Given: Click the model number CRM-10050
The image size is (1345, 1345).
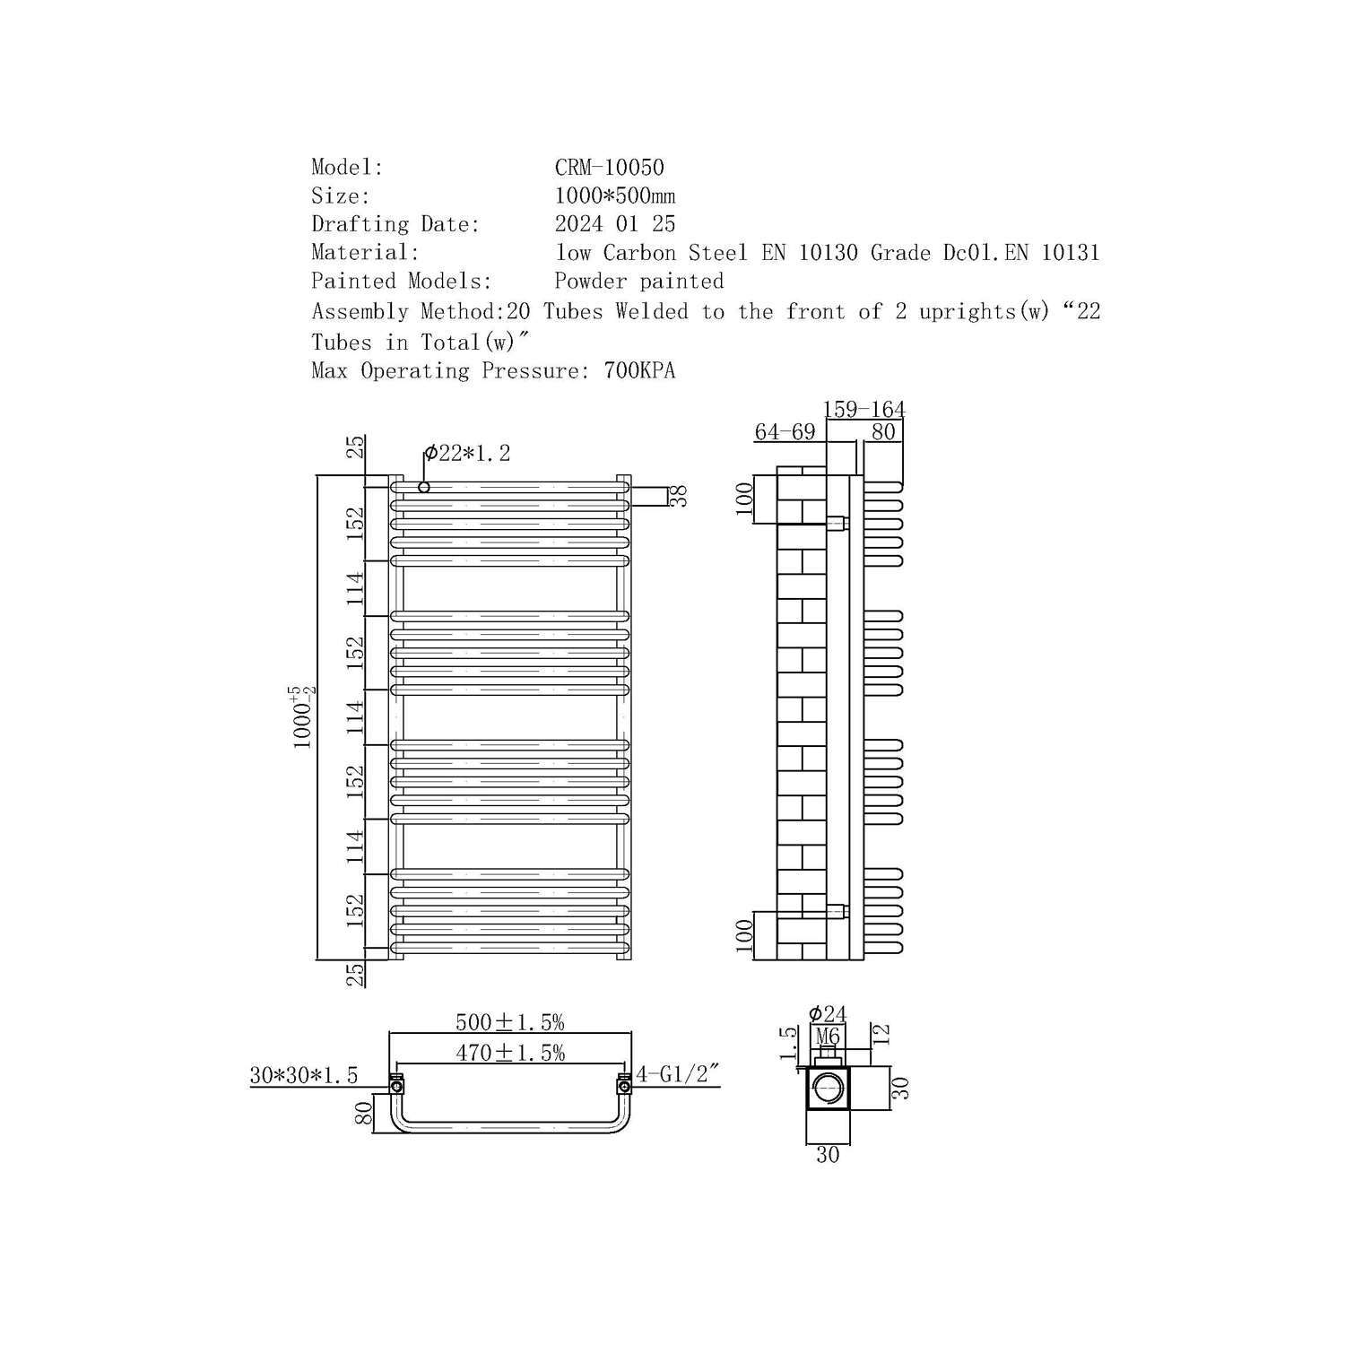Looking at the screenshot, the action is click(610, 168).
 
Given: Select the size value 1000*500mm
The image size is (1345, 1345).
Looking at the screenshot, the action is click(615, 195).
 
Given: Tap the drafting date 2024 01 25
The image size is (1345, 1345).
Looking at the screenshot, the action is click(615, 224).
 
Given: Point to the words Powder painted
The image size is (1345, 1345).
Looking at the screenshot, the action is click(639, 282).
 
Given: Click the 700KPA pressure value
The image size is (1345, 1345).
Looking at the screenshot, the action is click(639, 370).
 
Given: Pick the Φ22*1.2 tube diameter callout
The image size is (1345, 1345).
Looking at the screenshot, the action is click(467, 454).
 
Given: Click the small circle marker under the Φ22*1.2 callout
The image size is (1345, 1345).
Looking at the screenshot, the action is click(424, 487).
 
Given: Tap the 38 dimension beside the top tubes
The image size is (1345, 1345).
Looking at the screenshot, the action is click(680, 496).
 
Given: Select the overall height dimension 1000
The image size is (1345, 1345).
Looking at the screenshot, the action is click(302, 717).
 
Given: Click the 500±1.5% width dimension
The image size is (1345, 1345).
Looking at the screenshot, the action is click(509, 1022).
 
